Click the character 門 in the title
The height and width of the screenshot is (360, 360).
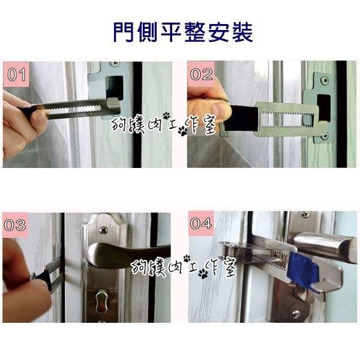(123, 31)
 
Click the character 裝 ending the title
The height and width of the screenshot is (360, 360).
(241, 31)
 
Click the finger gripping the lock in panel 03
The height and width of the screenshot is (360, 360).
(18, 264)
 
